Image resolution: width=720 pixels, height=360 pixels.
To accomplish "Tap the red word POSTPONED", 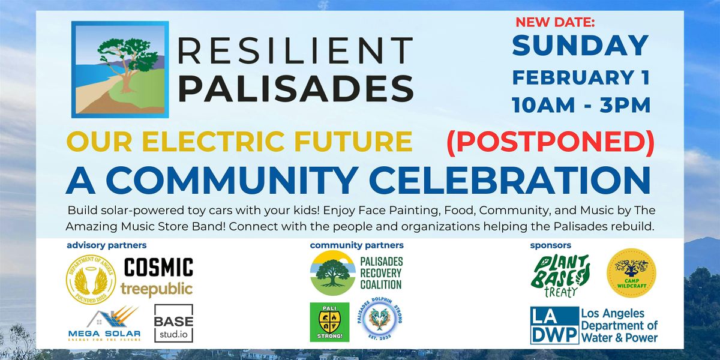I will [x=550, y=141].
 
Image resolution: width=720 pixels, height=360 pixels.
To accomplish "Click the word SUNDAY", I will [x=580, y=46].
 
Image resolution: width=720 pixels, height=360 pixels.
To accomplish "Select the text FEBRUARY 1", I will [x=580, y=77].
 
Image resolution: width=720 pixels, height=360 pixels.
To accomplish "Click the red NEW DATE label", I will [x=555, y=22].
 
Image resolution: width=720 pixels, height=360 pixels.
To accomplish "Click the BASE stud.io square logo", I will [x=173, y=323].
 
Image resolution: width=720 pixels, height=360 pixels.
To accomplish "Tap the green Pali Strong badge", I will [x=329, y=322].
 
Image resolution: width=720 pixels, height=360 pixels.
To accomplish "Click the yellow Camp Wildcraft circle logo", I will [x=631, y=273].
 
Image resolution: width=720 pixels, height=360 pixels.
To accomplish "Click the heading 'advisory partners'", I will [x=107, y=245].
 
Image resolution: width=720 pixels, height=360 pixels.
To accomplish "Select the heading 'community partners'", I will [x=356, y=245].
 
